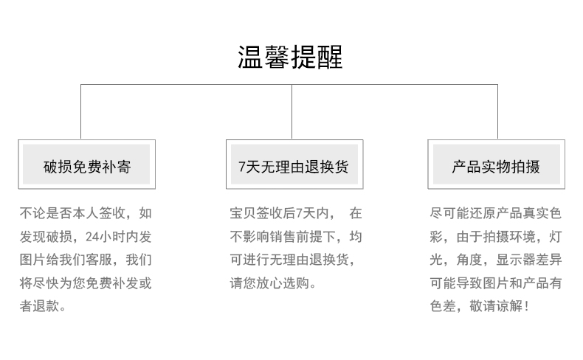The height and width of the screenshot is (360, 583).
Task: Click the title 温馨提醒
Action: [x=290, y=57]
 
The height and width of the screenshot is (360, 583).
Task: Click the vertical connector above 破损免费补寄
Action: [x=80, y=112]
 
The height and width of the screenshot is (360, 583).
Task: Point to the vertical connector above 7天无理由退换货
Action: [x=292, y=112]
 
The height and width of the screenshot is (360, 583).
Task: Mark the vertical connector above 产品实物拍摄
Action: [x=497, y=112]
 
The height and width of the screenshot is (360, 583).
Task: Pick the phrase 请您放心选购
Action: [x=269, y=283]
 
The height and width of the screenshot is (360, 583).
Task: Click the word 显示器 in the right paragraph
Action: [x=516, y=260]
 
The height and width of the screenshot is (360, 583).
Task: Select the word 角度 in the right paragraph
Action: [x=469, y=260]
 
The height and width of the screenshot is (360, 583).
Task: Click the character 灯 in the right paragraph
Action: [x=556, y=237]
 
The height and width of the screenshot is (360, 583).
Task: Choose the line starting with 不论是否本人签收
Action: [x=86, y=213]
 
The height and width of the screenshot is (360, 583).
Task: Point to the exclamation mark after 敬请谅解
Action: [x=526, y=306]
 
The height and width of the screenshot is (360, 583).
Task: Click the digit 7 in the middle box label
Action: [x=241, y=167]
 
